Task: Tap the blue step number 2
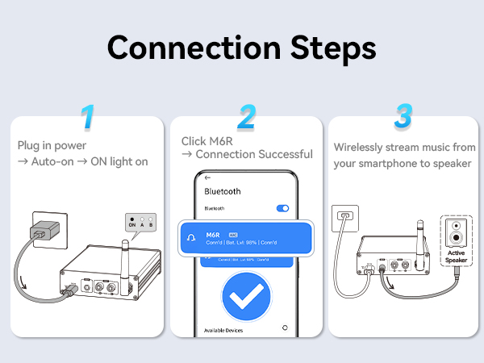coord(246,118)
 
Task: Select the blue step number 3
coord(403,118)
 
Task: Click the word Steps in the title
coord(329,48)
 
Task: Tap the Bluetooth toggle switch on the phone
coord(282,208)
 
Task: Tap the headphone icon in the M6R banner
coord(190,237)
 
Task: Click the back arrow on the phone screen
coord(208,177)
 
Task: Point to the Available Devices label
coord(227,329)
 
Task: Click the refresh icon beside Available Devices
coord(285,328)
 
